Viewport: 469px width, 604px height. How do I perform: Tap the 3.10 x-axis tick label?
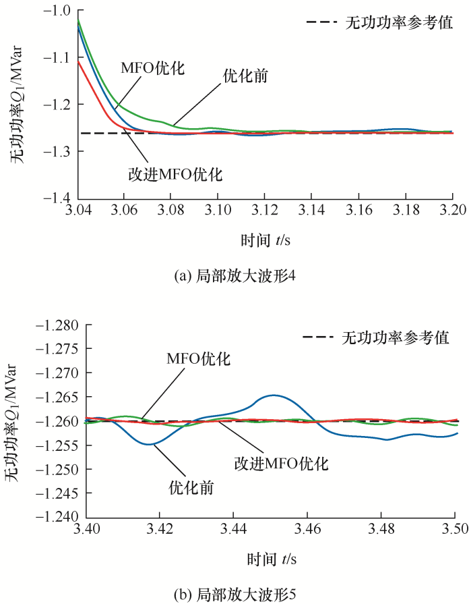[x=218, y=211]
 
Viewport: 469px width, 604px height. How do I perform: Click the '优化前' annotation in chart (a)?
[x=246, y=76]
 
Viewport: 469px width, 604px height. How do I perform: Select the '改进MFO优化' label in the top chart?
[x=175, y=174]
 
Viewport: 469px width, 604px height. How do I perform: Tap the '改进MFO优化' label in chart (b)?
[x=281, y=464]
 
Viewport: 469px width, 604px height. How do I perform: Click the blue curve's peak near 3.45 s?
[x=274, y=395]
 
